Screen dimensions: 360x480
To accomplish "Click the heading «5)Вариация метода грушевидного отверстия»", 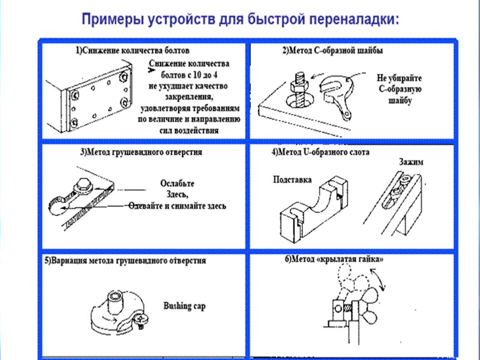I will coord(125,261).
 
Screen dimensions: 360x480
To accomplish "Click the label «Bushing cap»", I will coord(184,306).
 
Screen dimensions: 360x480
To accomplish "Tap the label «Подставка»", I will coord(291,179).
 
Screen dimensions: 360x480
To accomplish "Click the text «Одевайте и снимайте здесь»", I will coord(178,205).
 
